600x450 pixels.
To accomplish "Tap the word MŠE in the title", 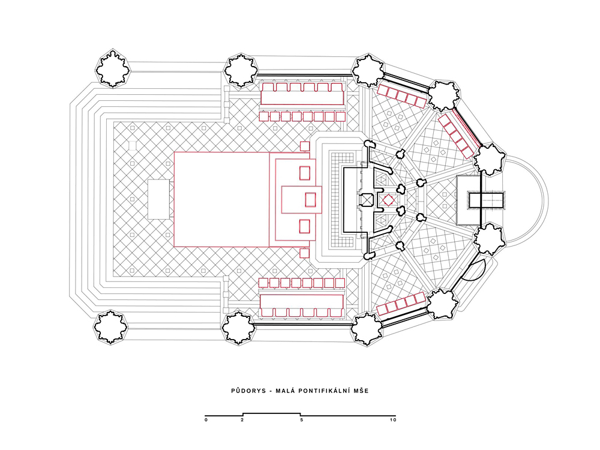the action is coord(362,391).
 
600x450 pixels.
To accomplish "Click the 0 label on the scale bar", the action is coord(206,420).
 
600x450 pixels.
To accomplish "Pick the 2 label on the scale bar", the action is coord(242,420).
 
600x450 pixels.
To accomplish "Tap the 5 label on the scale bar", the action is coord(301,420).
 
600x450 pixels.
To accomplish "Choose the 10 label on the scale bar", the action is coord(393,420).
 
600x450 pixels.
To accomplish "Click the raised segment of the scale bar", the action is coord(272,413).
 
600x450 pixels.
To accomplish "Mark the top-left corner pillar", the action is coord(113,68).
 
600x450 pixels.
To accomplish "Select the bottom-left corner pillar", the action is coord(111,327).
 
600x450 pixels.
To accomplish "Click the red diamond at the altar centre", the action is coord(388,200).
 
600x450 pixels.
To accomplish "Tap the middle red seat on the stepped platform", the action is coord(310,199).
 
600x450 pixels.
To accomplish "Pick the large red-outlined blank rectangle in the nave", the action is coord(222,199).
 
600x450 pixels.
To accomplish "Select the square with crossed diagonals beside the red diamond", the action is coord(367,199).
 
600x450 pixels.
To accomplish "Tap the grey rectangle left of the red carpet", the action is coord(159,199).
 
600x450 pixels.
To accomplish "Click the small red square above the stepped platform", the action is coord(305,146).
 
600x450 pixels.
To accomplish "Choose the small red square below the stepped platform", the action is coord(305,253).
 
